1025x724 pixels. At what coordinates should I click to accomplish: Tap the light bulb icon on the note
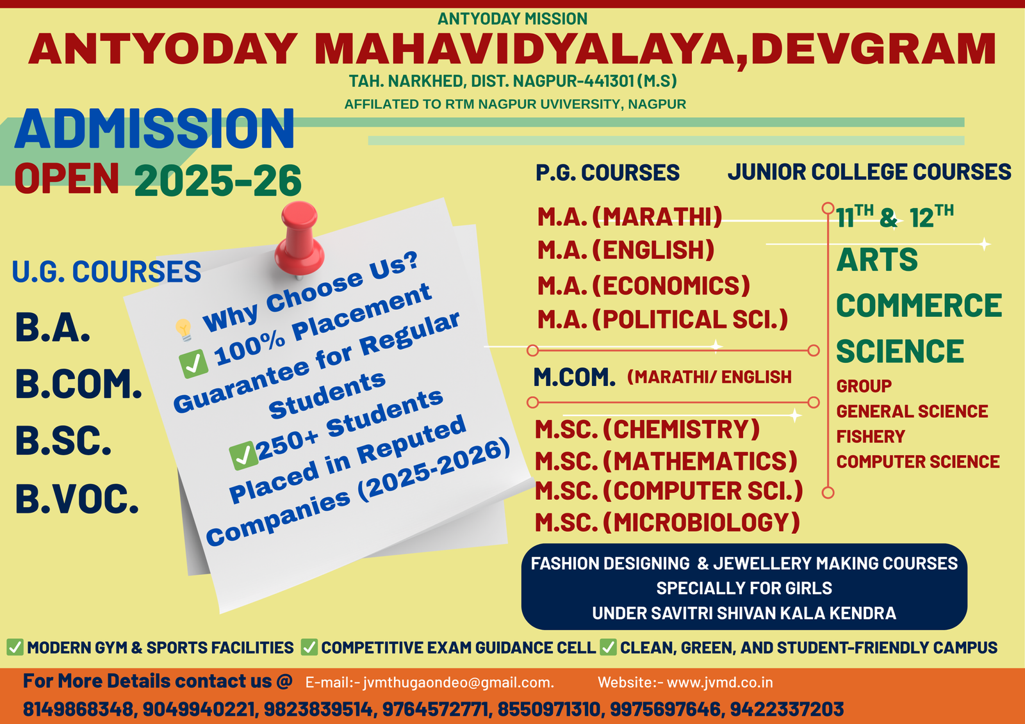point(184,329)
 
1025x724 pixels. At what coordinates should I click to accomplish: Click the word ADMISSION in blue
point(154,129)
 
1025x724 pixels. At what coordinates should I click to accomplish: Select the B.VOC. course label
point(77,499)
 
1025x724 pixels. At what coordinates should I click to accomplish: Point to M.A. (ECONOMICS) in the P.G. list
point(644,286)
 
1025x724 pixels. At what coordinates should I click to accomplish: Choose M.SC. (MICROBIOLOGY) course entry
point(668,522)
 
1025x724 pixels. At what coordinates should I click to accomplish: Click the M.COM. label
point(574,378)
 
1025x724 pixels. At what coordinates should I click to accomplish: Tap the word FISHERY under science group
point(871,437)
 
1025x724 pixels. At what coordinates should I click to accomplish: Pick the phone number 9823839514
point(318,709)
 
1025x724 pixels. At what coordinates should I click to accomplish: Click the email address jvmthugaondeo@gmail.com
point(458,682)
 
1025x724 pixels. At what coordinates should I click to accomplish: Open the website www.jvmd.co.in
point(720,682)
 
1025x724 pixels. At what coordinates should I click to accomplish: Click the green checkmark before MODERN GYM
point(15,647)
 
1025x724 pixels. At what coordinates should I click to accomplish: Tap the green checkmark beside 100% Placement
point(193,364)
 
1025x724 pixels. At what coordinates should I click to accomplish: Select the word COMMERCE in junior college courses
point(919,305)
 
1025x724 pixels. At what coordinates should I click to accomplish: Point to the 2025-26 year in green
point(218,181)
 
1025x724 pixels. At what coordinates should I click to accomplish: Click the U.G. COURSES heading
point(106,271)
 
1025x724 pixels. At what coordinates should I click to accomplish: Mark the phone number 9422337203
point(787,709)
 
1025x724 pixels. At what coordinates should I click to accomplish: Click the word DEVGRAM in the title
point(874,49)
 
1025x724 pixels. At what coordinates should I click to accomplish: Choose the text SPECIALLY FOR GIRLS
point(744,588)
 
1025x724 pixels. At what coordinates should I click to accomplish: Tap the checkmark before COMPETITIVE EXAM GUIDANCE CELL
point(309,647)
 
